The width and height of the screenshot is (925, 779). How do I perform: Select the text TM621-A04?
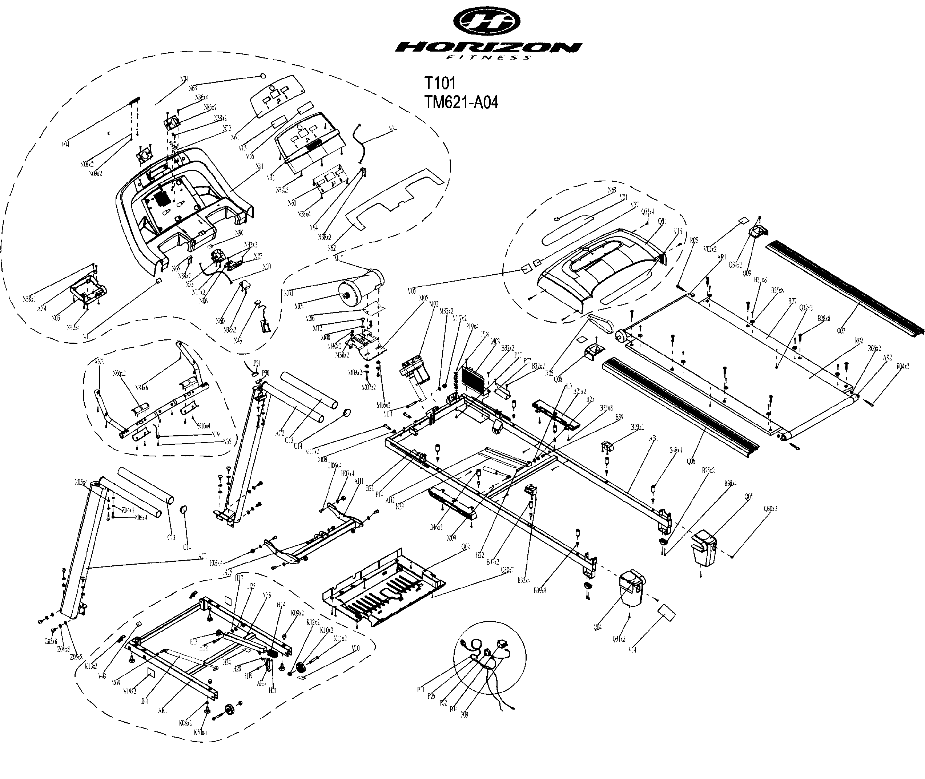(461, 102)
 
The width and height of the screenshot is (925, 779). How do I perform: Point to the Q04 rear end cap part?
(632, 588)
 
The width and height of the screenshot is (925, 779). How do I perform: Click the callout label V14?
(632, 650)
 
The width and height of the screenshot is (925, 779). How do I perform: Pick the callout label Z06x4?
(140, 517)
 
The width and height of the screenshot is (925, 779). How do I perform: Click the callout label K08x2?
(185, 723)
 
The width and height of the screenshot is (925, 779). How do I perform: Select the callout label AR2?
(886, 358)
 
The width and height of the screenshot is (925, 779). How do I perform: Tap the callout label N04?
(184, 80)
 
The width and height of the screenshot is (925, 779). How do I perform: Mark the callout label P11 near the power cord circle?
(421, 689)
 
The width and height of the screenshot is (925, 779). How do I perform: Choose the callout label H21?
(272, 691)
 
